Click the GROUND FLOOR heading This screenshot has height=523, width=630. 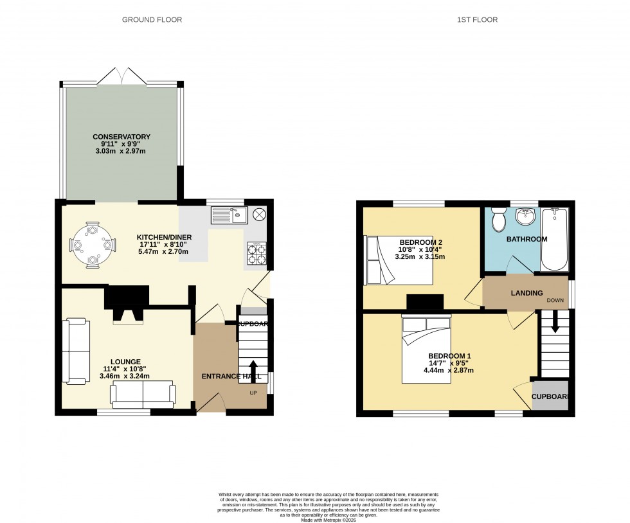click(152, 20)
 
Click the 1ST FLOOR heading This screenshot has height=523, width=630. click(477, 20)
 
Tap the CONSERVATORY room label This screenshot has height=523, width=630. click(122, 137)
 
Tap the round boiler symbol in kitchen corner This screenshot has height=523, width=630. click(259, 214)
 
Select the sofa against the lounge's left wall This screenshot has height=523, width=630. click(75, 351)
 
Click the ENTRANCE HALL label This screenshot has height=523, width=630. click(231, 377)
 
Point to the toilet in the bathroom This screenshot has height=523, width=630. click(498, 220)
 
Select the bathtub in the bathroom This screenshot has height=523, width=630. click(555, 239)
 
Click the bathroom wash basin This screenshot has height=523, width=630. click(526, 217)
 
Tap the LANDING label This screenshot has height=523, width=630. click(526, 293)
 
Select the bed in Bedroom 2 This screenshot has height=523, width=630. click(398, 260)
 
